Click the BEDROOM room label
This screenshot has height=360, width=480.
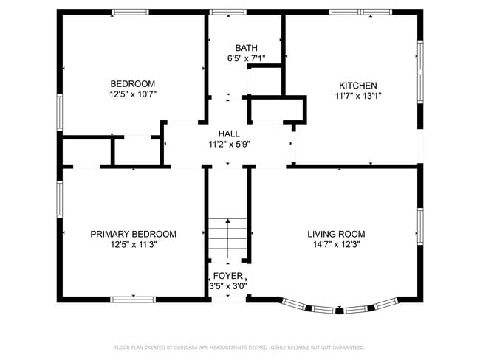click(133, 83)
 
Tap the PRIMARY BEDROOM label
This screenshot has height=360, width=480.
click(133, 234)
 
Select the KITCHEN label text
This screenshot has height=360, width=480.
click(358, 85)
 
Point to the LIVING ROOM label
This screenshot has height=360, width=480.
click(336, 234)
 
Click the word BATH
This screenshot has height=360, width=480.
click(246, 47)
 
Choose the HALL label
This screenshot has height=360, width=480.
click(229, 134)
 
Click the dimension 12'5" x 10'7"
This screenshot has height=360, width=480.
click(133, 94)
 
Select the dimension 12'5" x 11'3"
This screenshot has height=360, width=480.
click(133, 244)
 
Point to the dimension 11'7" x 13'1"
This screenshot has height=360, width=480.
click(358, 95)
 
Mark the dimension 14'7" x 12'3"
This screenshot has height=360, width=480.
click(336, 244)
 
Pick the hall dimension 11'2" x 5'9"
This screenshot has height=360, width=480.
click(229, 144)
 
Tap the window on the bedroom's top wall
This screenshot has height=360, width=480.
click(130, 12)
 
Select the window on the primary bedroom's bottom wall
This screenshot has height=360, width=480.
click(132, 299)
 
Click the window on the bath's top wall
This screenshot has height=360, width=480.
click(228, 12)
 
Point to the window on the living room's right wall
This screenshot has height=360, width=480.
click(419, 226)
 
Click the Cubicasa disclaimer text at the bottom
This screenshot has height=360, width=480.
click(239, 347)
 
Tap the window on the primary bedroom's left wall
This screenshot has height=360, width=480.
click(59, 200)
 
